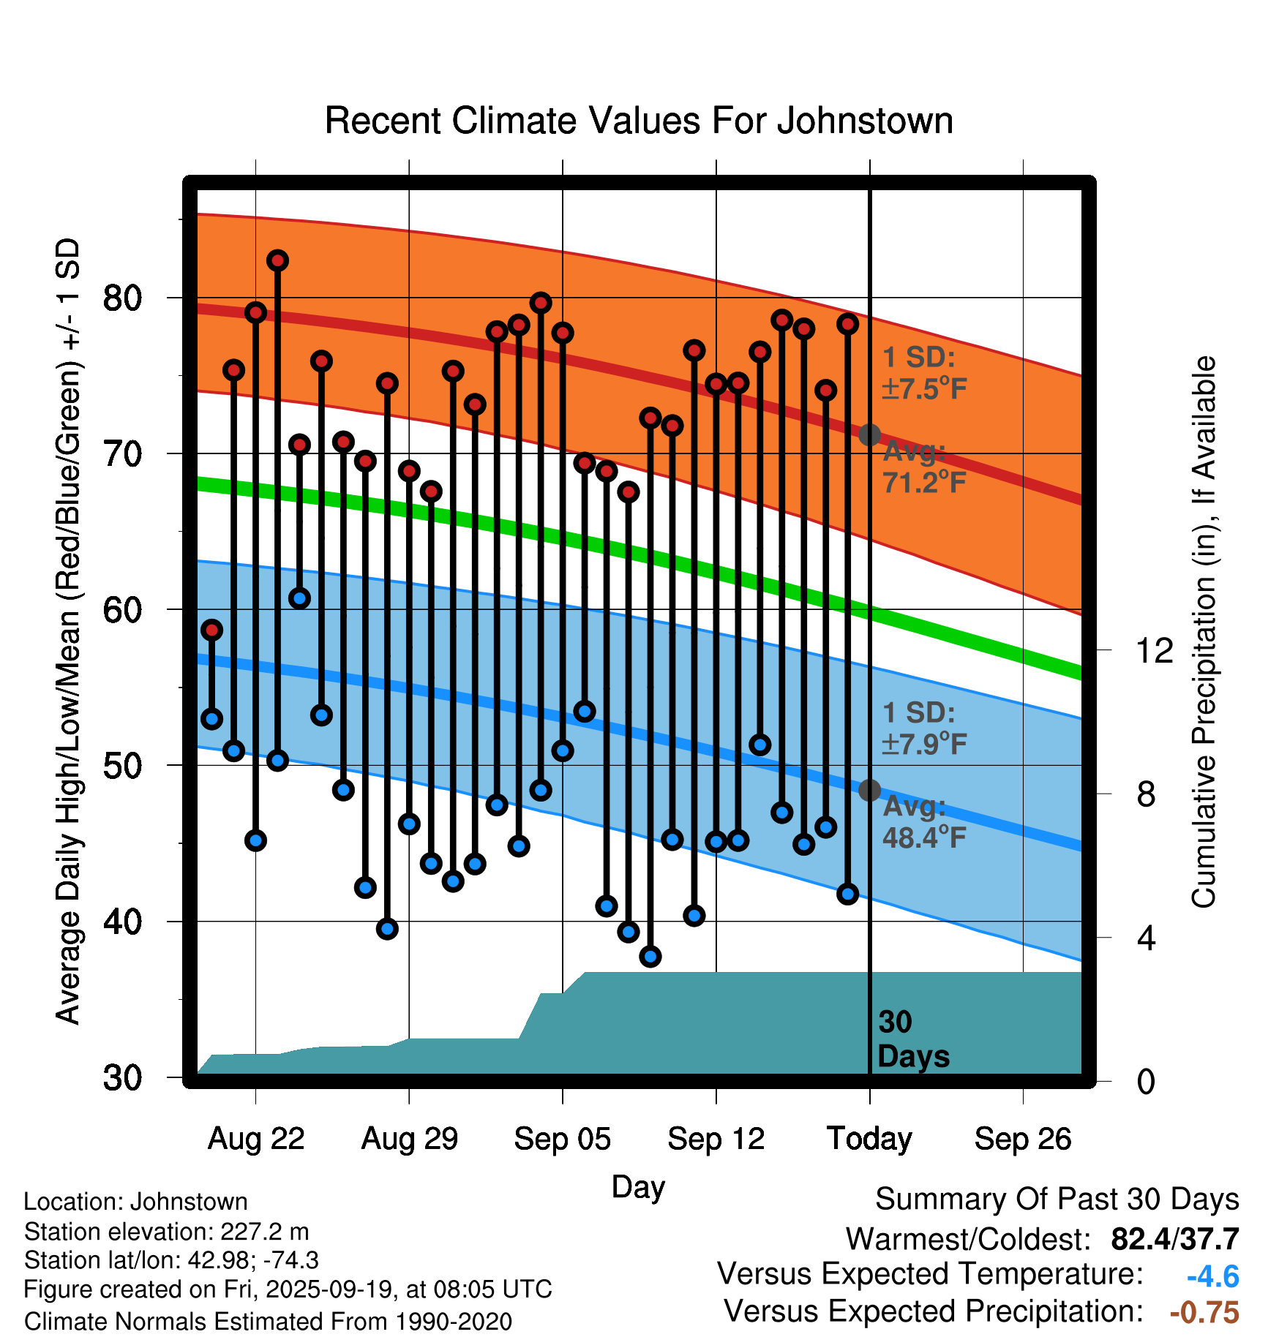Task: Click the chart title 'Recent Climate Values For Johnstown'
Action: pyautogui.click(x=639, y=121)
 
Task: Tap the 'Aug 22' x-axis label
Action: pyautogui.click(x=255, y=1139)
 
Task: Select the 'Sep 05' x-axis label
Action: pyautogui.click(x=562, y=1139)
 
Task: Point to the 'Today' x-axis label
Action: pyautogui.click(x=869, y=1139)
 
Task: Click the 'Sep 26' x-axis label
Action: pyautogui.click(x=1022, y=1139)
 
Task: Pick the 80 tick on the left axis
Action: pyautogui.click(x=122, y=298)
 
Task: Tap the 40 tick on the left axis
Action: pyautogui.click(x=122, y=922)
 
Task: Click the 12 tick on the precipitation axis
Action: pyautogui.click(x=1154, y=650)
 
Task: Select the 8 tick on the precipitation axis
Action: pyautogui.click(x=1146, y=794)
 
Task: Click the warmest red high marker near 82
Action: pyautogui.click(x=277, y=260)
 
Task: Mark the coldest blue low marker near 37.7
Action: pyautogui.click(x=650, y=956)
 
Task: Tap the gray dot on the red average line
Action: pyautogui.click(x=869, y=435)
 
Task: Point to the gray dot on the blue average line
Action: pyautogui.click(x=869, y=790)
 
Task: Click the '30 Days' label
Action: pyautogui.click(x=912, y=1039)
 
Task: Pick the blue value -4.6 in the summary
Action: pyautogui.click(x=1212, y=1277)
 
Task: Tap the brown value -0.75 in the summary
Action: pyautogui.click(x=1204, y=1313)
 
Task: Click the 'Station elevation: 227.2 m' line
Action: pyautogui.click(x=166, y=1232)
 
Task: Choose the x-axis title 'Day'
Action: pyautogui.click(x=638, y=1186)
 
